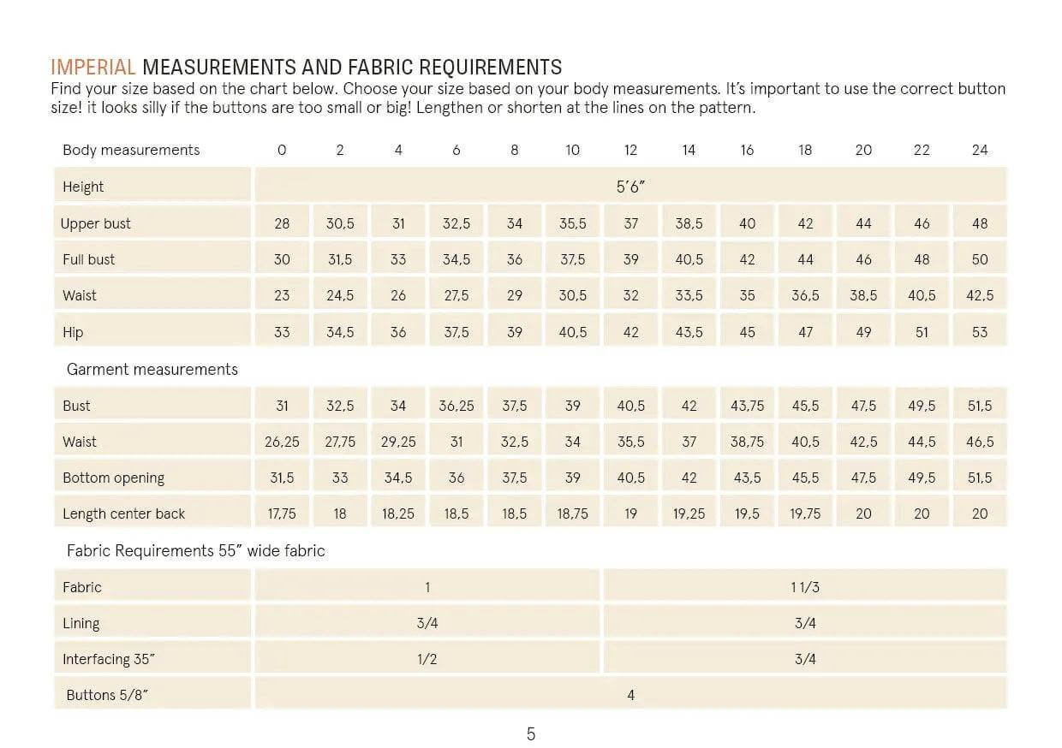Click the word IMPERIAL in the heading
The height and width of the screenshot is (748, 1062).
click(93, 68)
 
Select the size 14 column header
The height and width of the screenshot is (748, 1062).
click(689, 150)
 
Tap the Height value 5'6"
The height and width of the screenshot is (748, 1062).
click(630, 187)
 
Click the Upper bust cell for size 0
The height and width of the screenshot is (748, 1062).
click(282, 223)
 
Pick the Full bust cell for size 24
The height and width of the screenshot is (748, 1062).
click(980, 259)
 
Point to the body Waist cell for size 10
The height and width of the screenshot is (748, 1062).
click(572, 295)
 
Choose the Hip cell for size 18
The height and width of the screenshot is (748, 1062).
click(805, 332)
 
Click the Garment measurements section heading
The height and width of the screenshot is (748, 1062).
click(152, 370)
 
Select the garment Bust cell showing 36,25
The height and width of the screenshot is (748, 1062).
click(456, 406)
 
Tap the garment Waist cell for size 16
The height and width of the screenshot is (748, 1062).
click(747, 442)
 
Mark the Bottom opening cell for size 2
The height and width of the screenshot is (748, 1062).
click(340, 478)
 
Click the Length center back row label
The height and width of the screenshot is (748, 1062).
click(124, 514)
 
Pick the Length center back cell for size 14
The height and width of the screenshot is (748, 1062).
click(689, 514)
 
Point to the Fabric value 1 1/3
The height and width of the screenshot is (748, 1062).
click(805, 587)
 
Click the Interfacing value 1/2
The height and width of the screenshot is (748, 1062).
click(427, 659)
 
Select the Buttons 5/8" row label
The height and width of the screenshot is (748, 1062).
click(107, 695)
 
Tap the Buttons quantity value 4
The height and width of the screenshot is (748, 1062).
click(630, 695)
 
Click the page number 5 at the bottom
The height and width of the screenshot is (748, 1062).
click(531, 733)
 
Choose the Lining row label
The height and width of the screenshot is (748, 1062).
click(81, 623)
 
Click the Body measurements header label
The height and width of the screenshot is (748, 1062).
click(131, 150)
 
